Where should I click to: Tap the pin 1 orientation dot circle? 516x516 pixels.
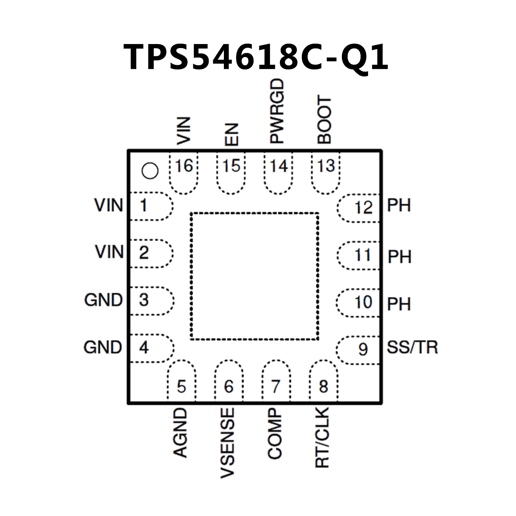click(x=150, y=171)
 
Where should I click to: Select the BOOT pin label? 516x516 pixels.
click(x=325, y=120)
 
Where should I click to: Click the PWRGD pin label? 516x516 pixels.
click(x=277, y=111)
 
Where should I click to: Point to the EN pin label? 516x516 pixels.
click(x=232, y=134)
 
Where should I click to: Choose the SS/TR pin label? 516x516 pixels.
click(x=412, y=347)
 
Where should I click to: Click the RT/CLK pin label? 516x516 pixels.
click(x=322, y=437)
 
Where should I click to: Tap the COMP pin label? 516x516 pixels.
click(x=275, y=434)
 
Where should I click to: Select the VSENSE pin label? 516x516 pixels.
click(x=228, y=443)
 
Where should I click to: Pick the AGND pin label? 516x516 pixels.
click(x=180, y=433)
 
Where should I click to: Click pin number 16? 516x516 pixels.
click(x=184, y=166)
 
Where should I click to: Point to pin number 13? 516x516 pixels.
click(x=326, y=166)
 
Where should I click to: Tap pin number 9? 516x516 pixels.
click(x=363, y=349)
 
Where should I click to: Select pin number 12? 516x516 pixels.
click(x=363, y=207)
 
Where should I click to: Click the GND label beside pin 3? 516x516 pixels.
click(x=104, y=300)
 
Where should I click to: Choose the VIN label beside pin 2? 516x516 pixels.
click(x=109, y=252)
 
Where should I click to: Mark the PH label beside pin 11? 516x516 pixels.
click(x=399, y=257)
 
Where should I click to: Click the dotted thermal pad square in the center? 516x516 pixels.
click(x=254, y=276)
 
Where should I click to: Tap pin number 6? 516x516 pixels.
click(x=229, y=387)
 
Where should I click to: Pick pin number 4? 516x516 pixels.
click(x=144, y=347)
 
